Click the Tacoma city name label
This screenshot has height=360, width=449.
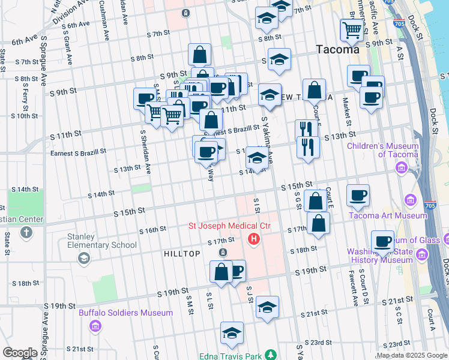coord(339,50)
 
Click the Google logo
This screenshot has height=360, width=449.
coord(20,353)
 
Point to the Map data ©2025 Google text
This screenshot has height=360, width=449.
coord(412,355)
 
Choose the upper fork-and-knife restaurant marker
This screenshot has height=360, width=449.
coord(306,129)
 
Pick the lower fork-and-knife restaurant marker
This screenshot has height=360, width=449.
coord(308,146)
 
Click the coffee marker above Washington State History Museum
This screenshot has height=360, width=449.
coord(382,241)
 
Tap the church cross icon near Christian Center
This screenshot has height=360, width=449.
coord(26,232)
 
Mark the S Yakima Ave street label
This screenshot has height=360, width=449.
coord(267,141)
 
